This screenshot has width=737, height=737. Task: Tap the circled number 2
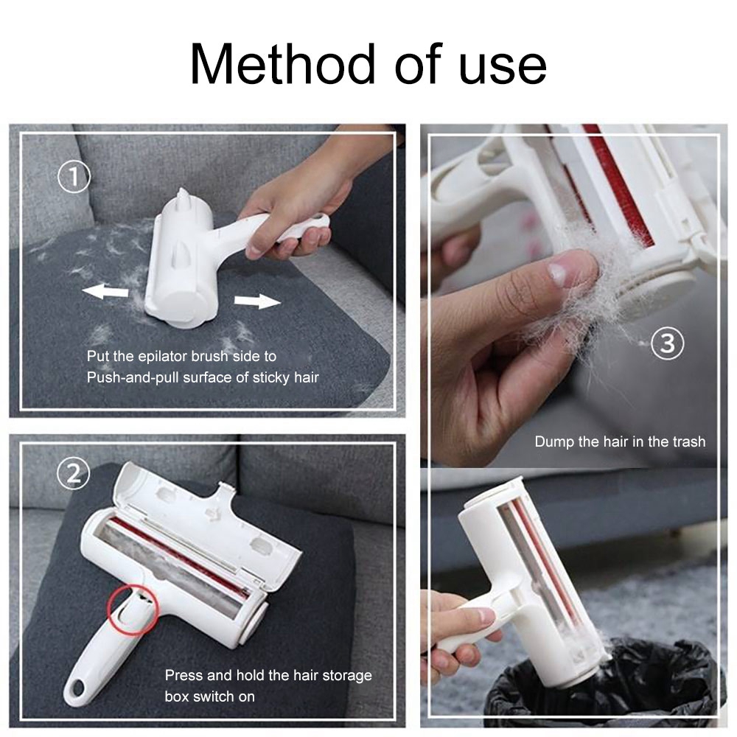[x=74, y=474]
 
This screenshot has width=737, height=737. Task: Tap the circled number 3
[x=668, y=344]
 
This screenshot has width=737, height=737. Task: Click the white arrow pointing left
[x=105, y=292]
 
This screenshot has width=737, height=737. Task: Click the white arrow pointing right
[x=258, y=301]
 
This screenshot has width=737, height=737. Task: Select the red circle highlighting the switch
[x=133, y=608]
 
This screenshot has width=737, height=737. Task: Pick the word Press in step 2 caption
[x=184, y=674]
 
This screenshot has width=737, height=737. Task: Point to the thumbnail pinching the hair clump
[x=558, y=274]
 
